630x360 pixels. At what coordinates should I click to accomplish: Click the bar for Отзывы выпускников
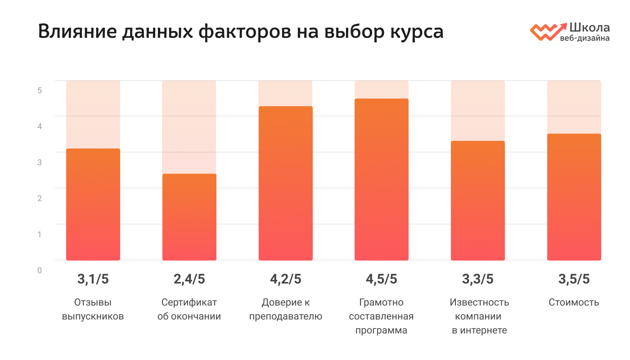(93, 205)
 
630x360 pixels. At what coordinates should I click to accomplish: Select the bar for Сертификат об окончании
(189, 217)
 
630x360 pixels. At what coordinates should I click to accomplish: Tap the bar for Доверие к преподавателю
(285, 184)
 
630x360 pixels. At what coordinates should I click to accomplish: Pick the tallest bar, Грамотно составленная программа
(382, 180)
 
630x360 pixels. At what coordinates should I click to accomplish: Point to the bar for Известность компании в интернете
(477, 201)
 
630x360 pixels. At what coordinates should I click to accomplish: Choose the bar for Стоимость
(574, 197)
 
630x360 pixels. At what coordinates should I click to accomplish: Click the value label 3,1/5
(93, 279)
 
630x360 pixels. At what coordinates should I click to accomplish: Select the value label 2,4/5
(189, 279)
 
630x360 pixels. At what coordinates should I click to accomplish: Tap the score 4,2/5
(285, 279)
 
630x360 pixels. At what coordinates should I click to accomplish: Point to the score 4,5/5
(382, 279)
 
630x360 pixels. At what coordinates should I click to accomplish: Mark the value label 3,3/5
(477, 279)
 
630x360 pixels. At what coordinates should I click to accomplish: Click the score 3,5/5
(574, 279)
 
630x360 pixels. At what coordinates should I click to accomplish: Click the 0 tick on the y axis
(40, 270)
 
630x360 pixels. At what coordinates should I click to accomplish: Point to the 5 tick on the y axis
(40, 90)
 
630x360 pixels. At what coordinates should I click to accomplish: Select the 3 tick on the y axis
(40, 162)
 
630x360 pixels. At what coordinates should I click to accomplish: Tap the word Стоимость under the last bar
(574, 302)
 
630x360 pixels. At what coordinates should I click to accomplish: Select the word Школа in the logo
(589, 27)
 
